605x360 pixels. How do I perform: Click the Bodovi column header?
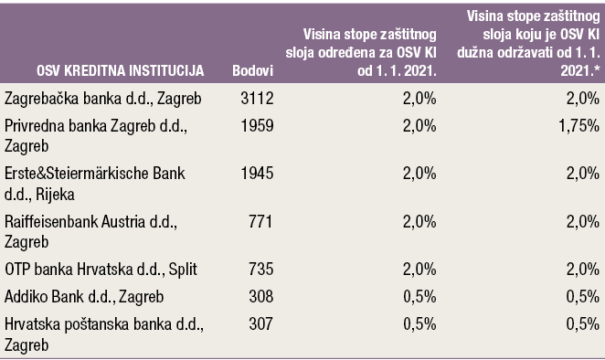pyautogui.click(x=253, y=70)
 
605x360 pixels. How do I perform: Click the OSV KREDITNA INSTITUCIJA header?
pyautogui.click(x=121, y=70)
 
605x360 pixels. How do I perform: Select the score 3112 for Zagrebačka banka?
pyautogui.click(x=258, y=99)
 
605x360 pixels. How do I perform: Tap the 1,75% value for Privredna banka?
pyautogui.click(x=579, y=126)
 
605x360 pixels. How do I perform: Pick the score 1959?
pyautogui.click(x=258, y=126)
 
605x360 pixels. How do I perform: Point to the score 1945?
pyautogui.click(x=258, y=174)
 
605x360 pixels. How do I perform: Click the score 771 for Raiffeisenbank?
pyautogui.click(x=260, y=221)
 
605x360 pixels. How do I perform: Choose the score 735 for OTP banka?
pyautogui.click(x=260, y=269)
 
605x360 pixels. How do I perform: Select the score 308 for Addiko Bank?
pyautogui.click(x=260, y=296)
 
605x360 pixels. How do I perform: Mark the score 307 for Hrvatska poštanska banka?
pyautogui.click(x=260, y=323)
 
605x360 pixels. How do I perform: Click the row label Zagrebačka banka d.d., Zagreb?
pyautogui.click(x=103, y=100)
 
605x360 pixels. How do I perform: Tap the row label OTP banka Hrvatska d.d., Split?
pyautogui.click(x=101, y=270)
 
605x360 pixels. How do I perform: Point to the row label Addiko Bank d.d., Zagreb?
pyautogui.click(x=84, y=297)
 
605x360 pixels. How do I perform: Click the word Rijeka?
pyautogui.click(x=55, y=195)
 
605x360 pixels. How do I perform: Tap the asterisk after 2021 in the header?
pyautogui.click(x=598, y=69)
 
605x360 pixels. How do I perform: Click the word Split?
pyautogui.click(x=184, y=270)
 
